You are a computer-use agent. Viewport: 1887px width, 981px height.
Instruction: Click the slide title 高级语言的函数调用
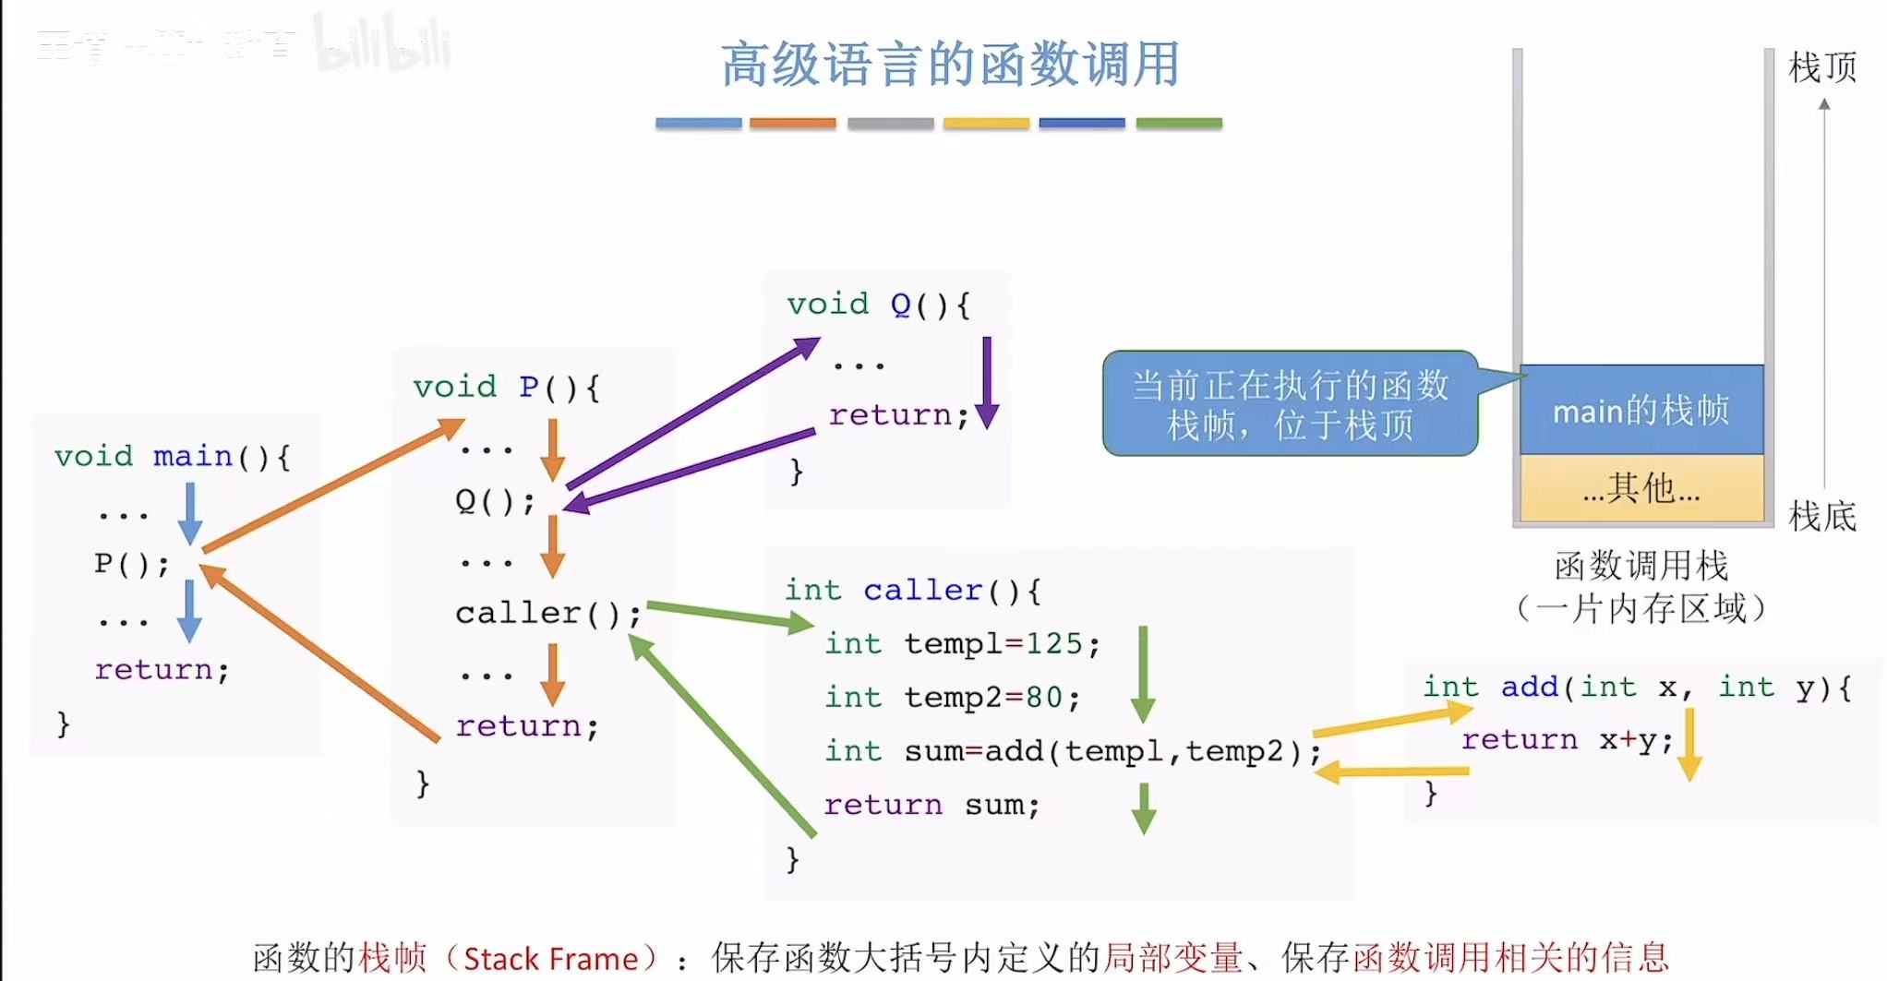coord(950,65)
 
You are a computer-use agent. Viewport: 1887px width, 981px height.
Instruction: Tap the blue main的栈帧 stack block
coord(1641,410)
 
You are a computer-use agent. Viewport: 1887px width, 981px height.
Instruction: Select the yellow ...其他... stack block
coord(1641,488)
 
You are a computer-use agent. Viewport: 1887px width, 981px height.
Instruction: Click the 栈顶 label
coord(1821,67)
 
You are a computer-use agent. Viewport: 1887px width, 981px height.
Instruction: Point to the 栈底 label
coord(1821,516)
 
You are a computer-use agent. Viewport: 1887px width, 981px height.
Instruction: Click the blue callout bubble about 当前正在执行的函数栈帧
coord(1290,404)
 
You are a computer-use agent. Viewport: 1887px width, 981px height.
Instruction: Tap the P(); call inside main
coord(132,563)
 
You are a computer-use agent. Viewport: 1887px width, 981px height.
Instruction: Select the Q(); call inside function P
coord(495,501)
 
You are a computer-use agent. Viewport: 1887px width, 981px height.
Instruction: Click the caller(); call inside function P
coord(547,612)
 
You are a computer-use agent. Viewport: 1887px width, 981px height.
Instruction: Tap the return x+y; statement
coord(1567,739)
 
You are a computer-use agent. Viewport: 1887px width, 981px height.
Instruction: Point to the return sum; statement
coord(931,805)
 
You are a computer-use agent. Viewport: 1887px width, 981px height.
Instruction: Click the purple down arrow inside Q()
coord(987,382)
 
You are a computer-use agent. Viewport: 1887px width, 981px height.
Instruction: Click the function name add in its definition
coord(1529,687)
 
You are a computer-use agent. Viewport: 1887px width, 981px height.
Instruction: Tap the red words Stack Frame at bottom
coord(550,959)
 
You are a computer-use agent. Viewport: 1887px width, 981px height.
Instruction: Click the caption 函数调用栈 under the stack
coord(1641,565)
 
